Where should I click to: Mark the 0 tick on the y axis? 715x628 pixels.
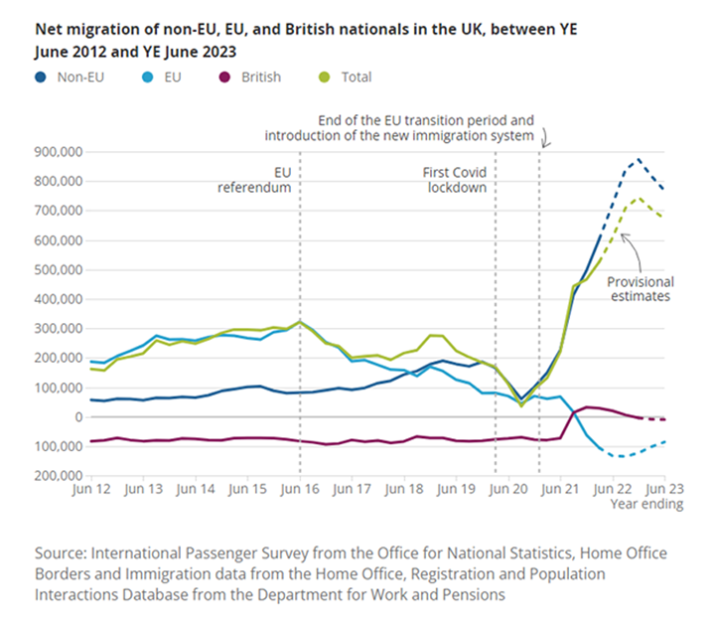pyautogui.click(x=74, y=417)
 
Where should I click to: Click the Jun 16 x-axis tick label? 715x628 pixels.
pyautogui.click(x=299, y=489)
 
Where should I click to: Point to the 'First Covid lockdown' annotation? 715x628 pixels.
pyautogui.click(x=456, y=179)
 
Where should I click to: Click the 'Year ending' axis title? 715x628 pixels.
pyautogui.click(x=646, y=504)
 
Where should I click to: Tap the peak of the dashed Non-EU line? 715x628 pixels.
pyautogui.click(x=638, y=159)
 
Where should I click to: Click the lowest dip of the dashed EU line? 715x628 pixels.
pyautogui.click(x=622, y=456)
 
